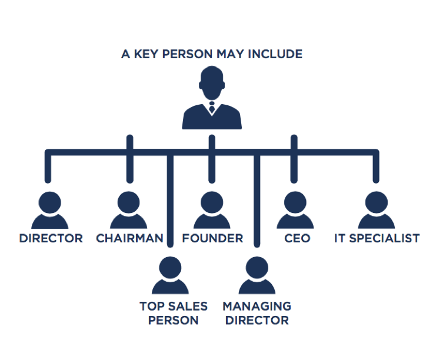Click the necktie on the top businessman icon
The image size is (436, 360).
pos(212,109)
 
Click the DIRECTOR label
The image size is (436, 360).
pos(51,238)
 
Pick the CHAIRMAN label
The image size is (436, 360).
pos(129,238)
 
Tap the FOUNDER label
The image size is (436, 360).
pos(212,238)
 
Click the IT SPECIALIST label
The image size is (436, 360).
pos(377,238)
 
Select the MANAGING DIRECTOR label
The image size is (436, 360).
pos(257,313)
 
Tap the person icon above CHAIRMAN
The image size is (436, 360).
pos(129,210)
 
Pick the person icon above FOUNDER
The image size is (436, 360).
pos(212,210)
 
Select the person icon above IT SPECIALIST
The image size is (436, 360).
pos(377,210)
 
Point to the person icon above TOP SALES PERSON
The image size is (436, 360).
pos(170,275)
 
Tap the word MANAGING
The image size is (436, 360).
pos(257,306)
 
